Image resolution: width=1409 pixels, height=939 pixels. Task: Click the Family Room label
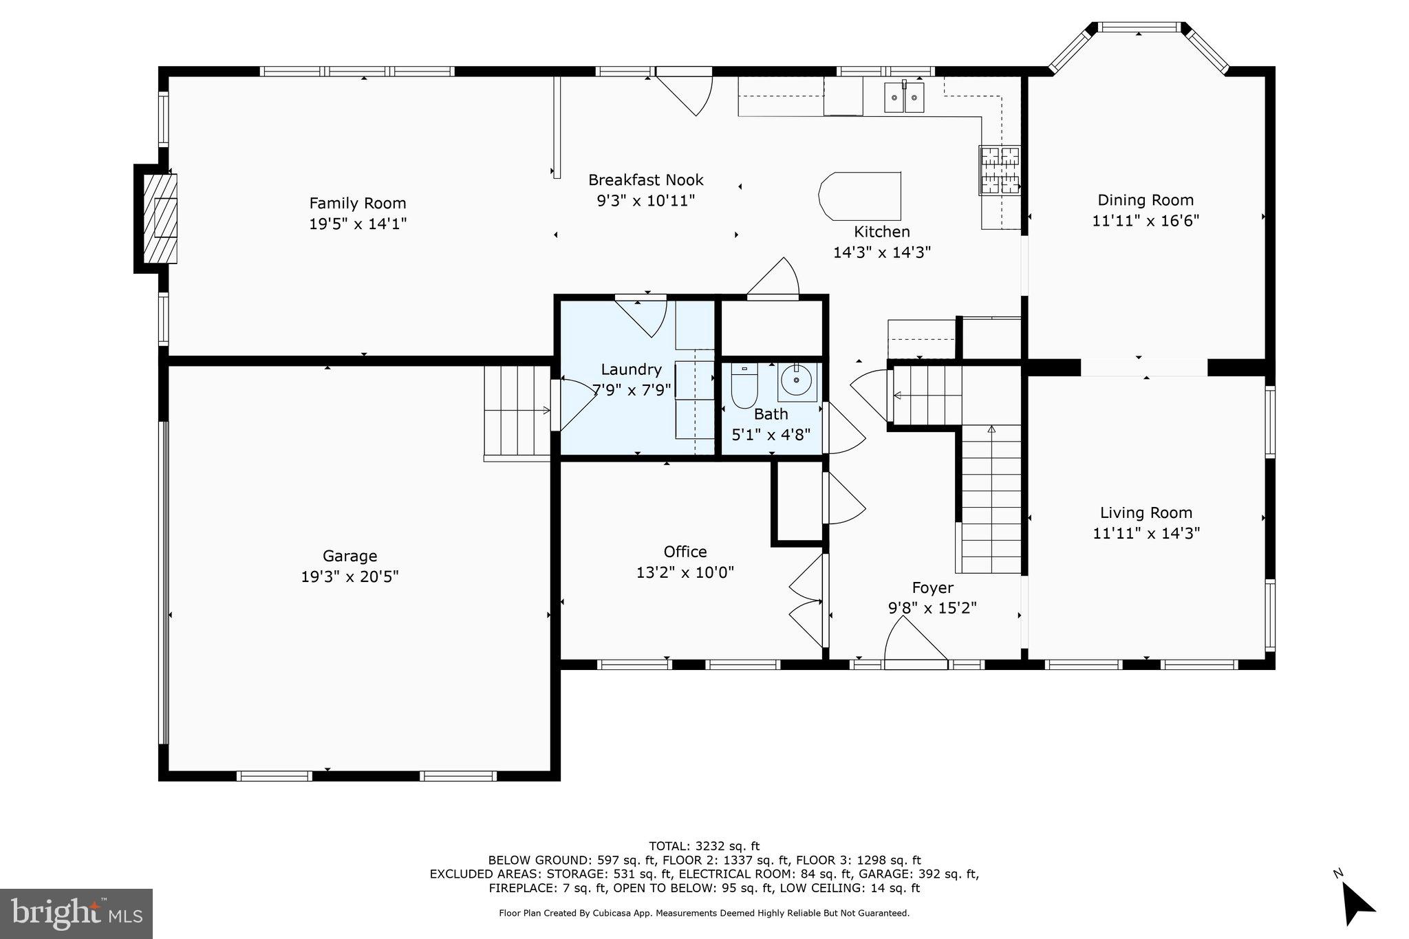pyautogui.click(x=357, y=203)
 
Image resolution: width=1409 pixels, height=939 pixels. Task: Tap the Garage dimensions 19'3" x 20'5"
pyautogui.click(x=349, y=576)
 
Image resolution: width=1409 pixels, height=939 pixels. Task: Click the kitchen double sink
pyautogui.click(x=904, y=97)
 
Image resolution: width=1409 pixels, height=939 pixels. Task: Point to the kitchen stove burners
pyautogui.click(x=1000, y=170)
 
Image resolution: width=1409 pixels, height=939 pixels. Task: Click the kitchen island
pyautogui.click(x=860, y=196)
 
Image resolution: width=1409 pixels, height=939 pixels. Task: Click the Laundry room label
pyautogui.click(x=631, y=369)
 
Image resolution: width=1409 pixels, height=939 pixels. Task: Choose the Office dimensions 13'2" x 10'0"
pyautogui.click(x=685, y=572)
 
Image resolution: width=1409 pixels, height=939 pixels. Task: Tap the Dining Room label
pyautogui.click(x=1146, y=200)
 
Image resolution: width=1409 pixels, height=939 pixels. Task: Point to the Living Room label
pyautogui.click(x=1146, y=512)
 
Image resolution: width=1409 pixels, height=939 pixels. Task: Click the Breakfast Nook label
pyautogui.click(x=645, y=180)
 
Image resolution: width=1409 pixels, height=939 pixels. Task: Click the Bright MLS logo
pyautogui.click(x=76, y=914)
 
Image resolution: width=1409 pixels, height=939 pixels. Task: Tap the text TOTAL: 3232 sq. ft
pyautogui.click(x=704, y=846)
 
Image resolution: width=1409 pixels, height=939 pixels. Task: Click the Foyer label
pyautogui.click(x=932, y=587)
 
